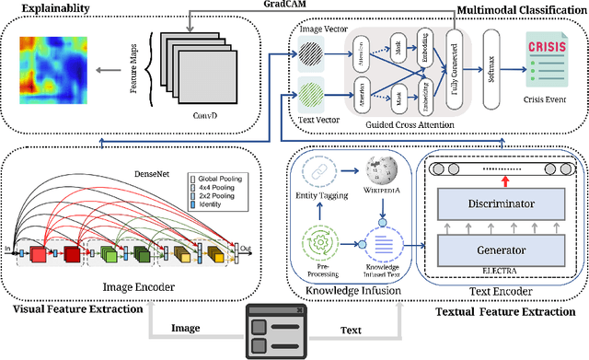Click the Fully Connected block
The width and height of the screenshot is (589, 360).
point(453,72)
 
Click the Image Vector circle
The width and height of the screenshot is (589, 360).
point(308,55)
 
